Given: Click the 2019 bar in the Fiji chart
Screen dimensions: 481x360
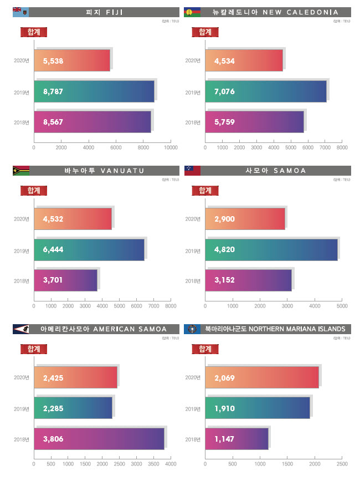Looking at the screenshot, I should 94,91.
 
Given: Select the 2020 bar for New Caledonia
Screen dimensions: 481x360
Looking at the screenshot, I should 244,60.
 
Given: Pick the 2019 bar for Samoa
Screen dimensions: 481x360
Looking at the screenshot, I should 271,250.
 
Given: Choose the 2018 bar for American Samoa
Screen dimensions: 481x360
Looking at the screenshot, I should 99,439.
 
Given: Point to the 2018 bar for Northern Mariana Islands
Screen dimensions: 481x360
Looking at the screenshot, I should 236,439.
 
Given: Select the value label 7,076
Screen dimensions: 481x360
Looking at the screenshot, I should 225,91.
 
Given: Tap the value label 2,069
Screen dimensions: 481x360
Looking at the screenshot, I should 225,377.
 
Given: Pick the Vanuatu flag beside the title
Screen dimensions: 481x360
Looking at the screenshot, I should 20,171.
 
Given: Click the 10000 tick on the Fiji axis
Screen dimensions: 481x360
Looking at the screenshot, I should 171,148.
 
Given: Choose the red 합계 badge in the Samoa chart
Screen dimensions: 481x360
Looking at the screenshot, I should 205,190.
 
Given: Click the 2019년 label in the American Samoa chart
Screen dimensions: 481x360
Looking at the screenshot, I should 22,409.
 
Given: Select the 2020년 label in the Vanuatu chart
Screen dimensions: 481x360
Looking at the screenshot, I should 22,219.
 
